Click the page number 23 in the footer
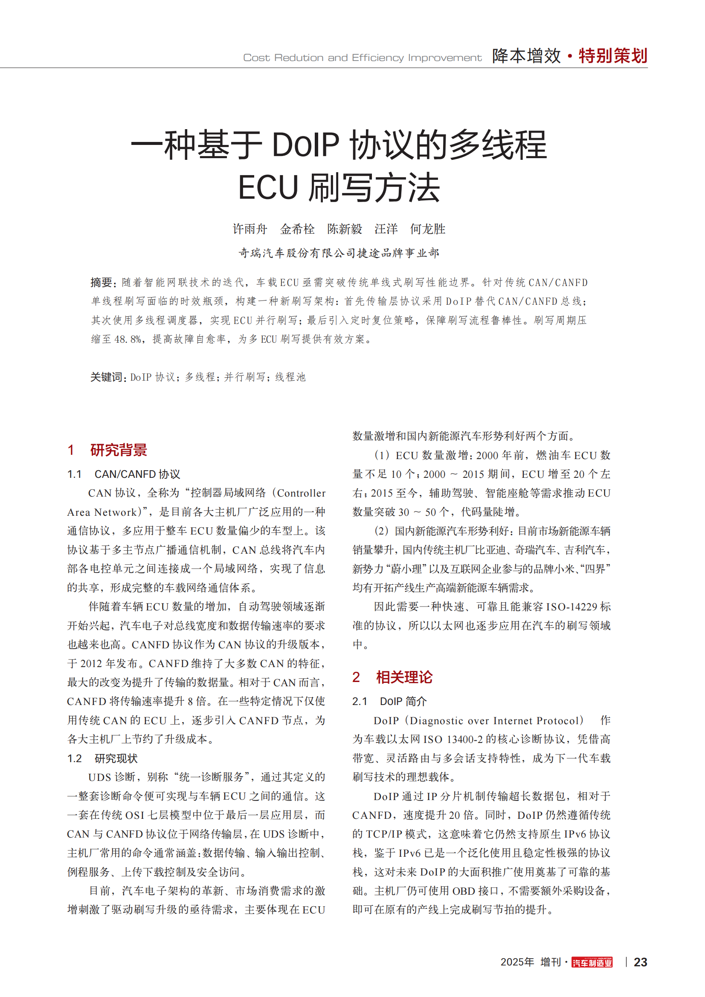[640, 962]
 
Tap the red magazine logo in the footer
[592, 962]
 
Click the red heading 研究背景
[118, 450]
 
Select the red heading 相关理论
[404, 677]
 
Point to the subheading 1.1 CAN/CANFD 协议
[124, 474]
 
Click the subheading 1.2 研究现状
[102, 759]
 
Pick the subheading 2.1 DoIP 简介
[389, 701]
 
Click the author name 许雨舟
[250, 229]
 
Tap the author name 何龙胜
[428, 229]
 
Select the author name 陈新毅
[345, 229]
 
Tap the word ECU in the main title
[268, 188]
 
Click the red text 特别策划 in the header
[613, 56]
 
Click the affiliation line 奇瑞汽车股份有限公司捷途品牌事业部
[339, 253]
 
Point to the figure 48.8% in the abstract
[128, 339]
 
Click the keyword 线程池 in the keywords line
[290, 377]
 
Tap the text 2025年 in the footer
[517, 962]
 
